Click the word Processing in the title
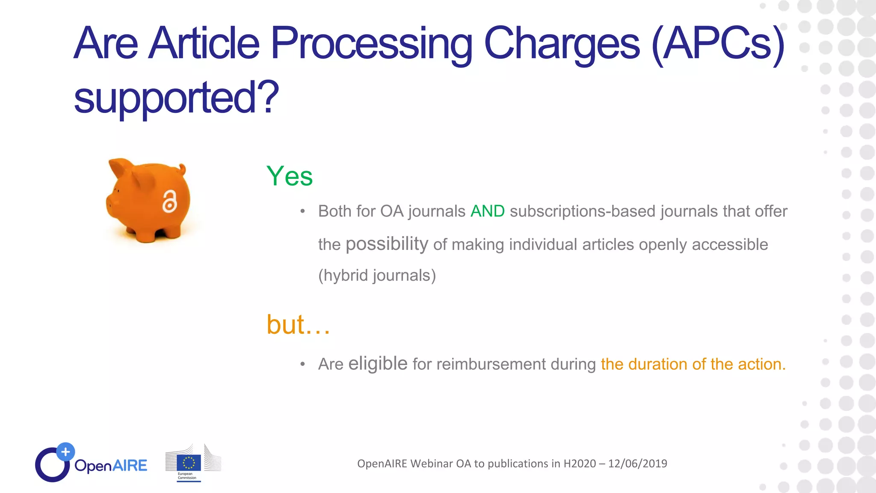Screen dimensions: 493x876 (371, 44)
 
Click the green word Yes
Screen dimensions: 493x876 (290, 176)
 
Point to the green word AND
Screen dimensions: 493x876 (487, 211)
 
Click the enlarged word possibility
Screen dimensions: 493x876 (387, 244)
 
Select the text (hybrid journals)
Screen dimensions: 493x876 (377, 275)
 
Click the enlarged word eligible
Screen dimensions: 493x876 (378, 363)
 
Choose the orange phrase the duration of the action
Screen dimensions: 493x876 (693, 364)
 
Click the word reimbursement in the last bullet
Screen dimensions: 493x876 (491, 364)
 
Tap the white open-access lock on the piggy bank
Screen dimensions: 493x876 (169, 201)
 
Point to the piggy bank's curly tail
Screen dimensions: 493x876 (183, 169)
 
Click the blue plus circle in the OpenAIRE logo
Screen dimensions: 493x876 (65, 451)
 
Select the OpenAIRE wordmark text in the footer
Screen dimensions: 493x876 (110, 466)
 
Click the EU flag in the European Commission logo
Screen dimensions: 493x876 (189, 463)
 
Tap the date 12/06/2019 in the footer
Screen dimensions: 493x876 (637, 463)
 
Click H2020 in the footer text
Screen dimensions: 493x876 (580, 463)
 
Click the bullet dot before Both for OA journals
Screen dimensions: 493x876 (302, 211)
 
